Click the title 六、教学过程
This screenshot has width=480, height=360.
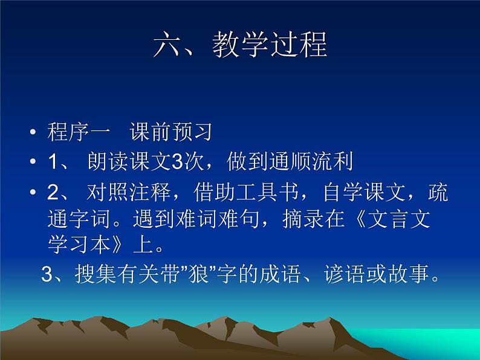point(240,45)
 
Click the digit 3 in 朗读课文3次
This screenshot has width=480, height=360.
point(177,162)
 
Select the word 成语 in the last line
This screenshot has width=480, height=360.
point(289,275)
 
